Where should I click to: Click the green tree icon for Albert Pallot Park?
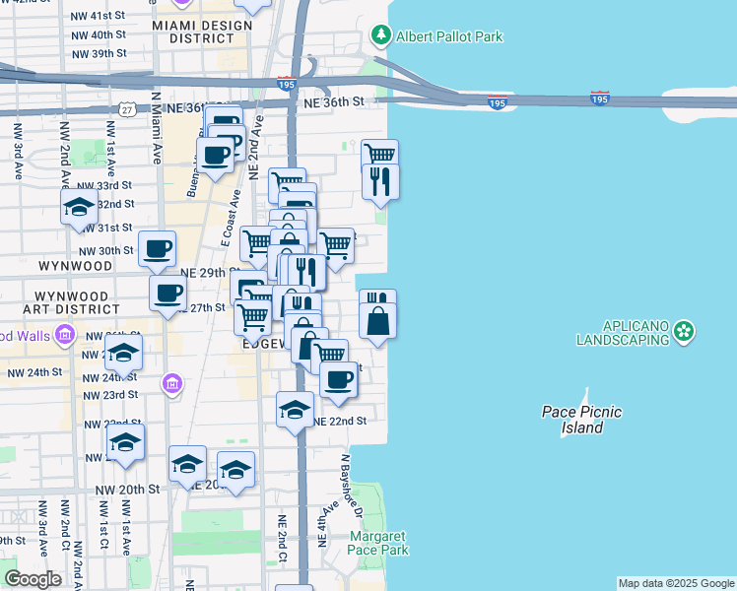click(x=381, y=36)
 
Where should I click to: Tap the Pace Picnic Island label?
click(x=581, y=420)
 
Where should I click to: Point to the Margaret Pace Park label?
click(x=378, y=543)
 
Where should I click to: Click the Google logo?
click(x=32, y=579)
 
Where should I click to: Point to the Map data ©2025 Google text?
click(x=675, y=583)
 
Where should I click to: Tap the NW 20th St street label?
click(x=127, y=490)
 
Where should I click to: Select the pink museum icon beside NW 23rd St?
click(x=172, y=382)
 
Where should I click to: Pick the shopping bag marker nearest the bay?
click(x=377, y=320)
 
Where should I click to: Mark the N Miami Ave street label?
click(x=156, y=128)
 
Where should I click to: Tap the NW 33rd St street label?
click(x=103, y=185)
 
